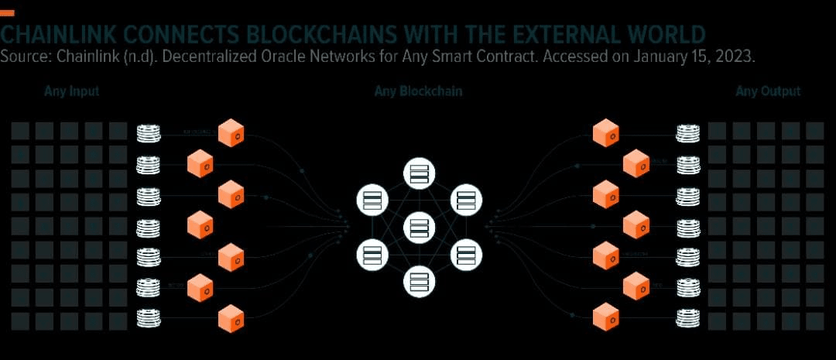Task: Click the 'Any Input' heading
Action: (71, 92)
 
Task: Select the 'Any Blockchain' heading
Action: (418, 92)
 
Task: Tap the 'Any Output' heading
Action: (767, 92)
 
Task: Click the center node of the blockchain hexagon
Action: (418, 227)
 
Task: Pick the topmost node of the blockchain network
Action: (418, 173)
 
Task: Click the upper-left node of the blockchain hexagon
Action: (372, 200)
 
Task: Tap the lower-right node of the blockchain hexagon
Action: (465, 254)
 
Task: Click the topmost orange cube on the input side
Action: (231, 133)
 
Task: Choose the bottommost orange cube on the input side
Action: (231, 318)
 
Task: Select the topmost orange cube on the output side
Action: (605, 133)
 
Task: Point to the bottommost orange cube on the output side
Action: (605, 317)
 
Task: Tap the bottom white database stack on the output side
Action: (687, 317)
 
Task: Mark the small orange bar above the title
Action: (8, 13)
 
